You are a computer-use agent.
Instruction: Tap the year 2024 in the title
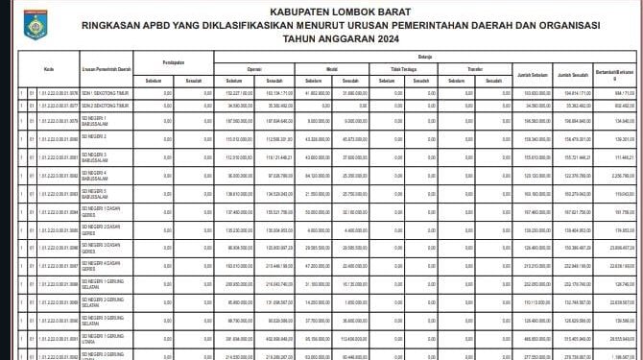tap(357, 40)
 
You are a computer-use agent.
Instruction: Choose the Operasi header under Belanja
tap(255, 70)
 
